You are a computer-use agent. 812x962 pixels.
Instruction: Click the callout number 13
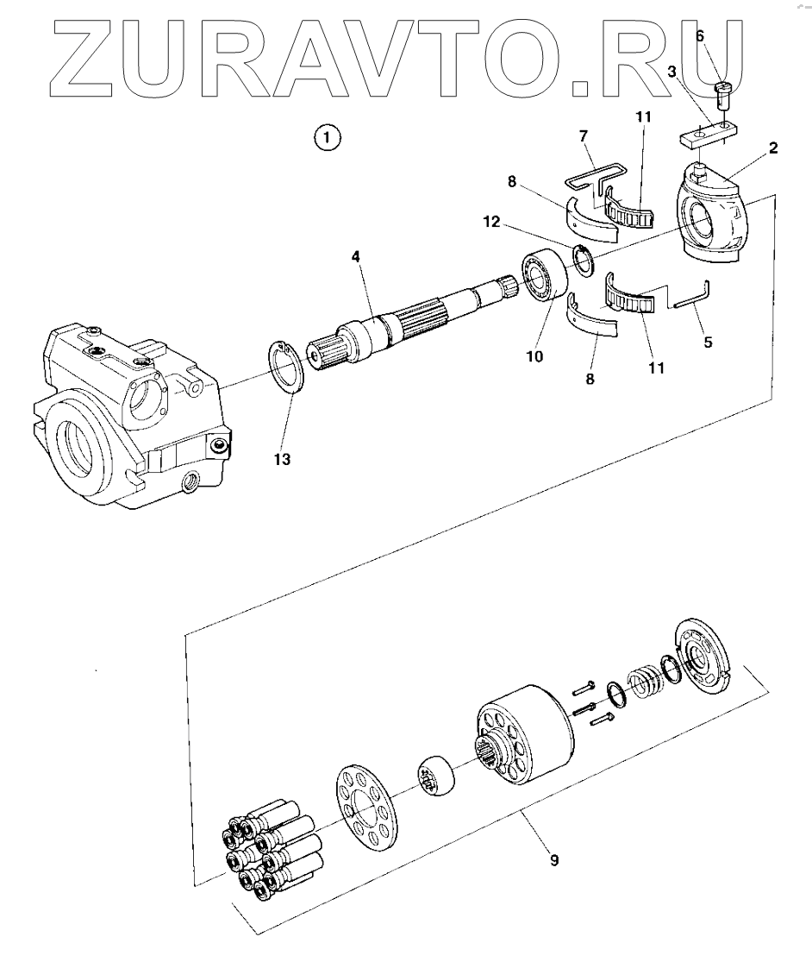click(x=282, y=460)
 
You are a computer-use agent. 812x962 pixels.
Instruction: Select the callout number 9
click(x=554, y=860)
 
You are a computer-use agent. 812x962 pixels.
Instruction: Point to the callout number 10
click(x=536, y=355)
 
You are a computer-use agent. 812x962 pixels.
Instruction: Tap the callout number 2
click(x=773, y=148)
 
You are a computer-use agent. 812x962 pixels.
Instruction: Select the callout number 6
click(x=700, y=35)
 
